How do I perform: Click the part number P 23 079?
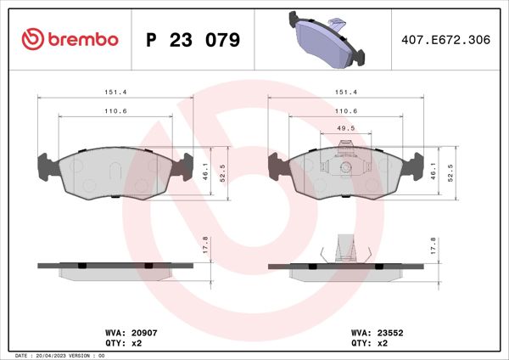pyautogui.click(x=193, y=40)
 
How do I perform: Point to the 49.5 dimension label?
pyautogui.click(x=344, y=129)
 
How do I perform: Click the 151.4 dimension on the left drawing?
pyautogui.click(x=116, y=93)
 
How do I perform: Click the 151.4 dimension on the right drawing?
pyautogui.click(x=344, y=93)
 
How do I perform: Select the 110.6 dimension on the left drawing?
pyautogui.click(x=116, y=110)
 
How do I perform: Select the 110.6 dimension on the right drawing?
pyautogui.click(x=344, y=110)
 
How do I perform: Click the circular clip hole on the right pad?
pyautogui.click(x=344, y=166)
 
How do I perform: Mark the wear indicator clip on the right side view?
pyautogui.click(x=344, y=248)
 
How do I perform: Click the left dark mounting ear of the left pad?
pyautogui.click(x=45, y=166)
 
